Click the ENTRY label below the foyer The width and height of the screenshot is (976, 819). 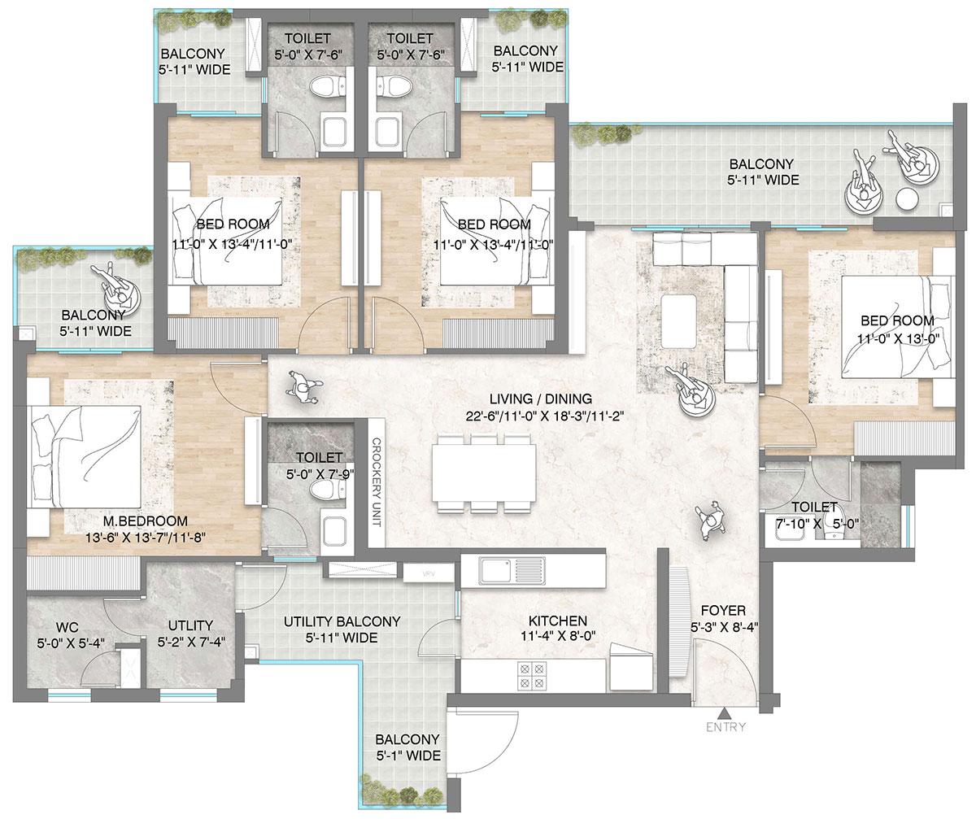725,728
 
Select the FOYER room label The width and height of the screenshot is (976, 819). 722,610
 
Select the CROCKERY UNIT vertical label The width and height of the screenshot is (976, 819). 376,481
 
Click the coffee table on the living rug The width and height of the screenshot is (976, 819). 678,321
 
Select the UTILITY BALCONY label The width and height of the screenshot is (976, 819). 342,621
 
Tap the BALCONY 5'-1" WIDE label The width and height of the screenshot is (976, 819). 407,747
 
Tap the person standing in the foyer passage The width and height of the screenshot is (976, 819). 710,517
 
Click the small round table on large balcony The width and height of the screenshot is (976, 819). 906,198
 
